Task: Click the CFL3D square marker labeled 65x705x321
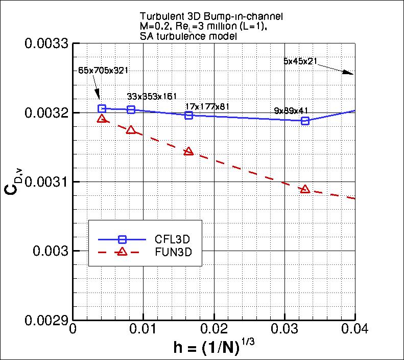click(102, 108)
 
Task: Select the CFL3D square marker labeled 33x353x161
click(131, 109)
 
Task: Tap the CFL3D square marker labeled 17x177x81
click(188, 115)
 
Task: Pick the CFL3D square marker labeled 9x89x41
click(305, 121)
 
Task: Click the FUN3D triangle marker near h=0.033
click(305, 189)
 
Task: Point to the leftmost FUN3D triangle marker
click(102, 119)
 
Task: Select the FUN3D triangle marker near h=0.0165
click(188, 151)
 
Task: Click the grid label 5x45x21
click(300, 61)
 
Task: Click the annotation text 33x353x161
click(151, 96)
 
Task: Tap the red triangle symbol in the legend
click(122, 252)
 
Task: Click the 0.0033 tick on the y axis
click(47, 43)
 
